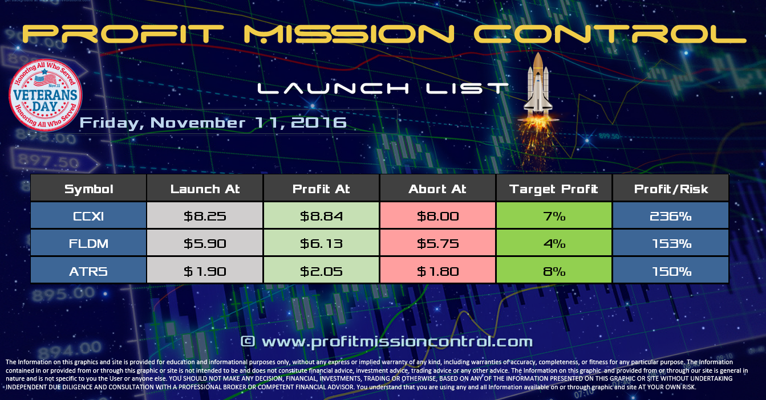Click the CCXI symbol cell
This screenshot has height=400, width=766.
[x=88, y=216]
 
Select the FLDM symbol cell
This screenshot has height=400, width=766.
[x=88, y=243]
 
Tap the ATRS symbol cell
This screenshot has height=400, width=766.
[x=88, y=271]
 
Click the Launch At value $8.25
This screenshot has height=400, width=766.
[x=205, y=216]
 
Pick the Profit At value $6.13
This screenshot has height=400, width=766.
[x=321, y=243]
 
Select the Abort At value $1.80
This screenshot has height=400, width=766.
[x=437, y=271]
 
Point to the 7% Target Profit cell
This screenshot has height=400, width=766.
[x=554, y=216]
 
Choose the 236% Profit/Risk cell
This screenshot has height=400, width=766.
[x=671, y=216]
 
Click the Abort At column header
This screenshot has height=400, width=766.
[x=437, y=189]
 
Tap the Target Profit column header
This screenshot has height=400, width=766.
[x=554, y=189]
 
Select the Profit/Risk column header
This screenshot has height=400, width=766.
[x=671, y=189]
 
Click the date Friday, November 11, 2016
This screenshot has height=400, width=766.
[x=213, y=122]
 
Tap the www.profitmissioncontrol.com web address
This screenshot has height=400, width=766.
[x=395, y=341]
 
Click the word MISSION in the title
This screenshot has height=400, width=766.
[x=349, y=35]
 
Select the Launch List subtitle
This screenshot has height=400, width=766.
[x=383, y=88]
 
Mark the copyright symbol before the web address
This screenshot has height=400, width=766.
[x=247, y=341]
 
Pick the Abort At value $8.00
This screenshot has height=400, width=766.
[x=437, y=216]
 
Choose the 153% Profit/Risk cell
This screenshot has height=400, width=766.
[x=671, y=243]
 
